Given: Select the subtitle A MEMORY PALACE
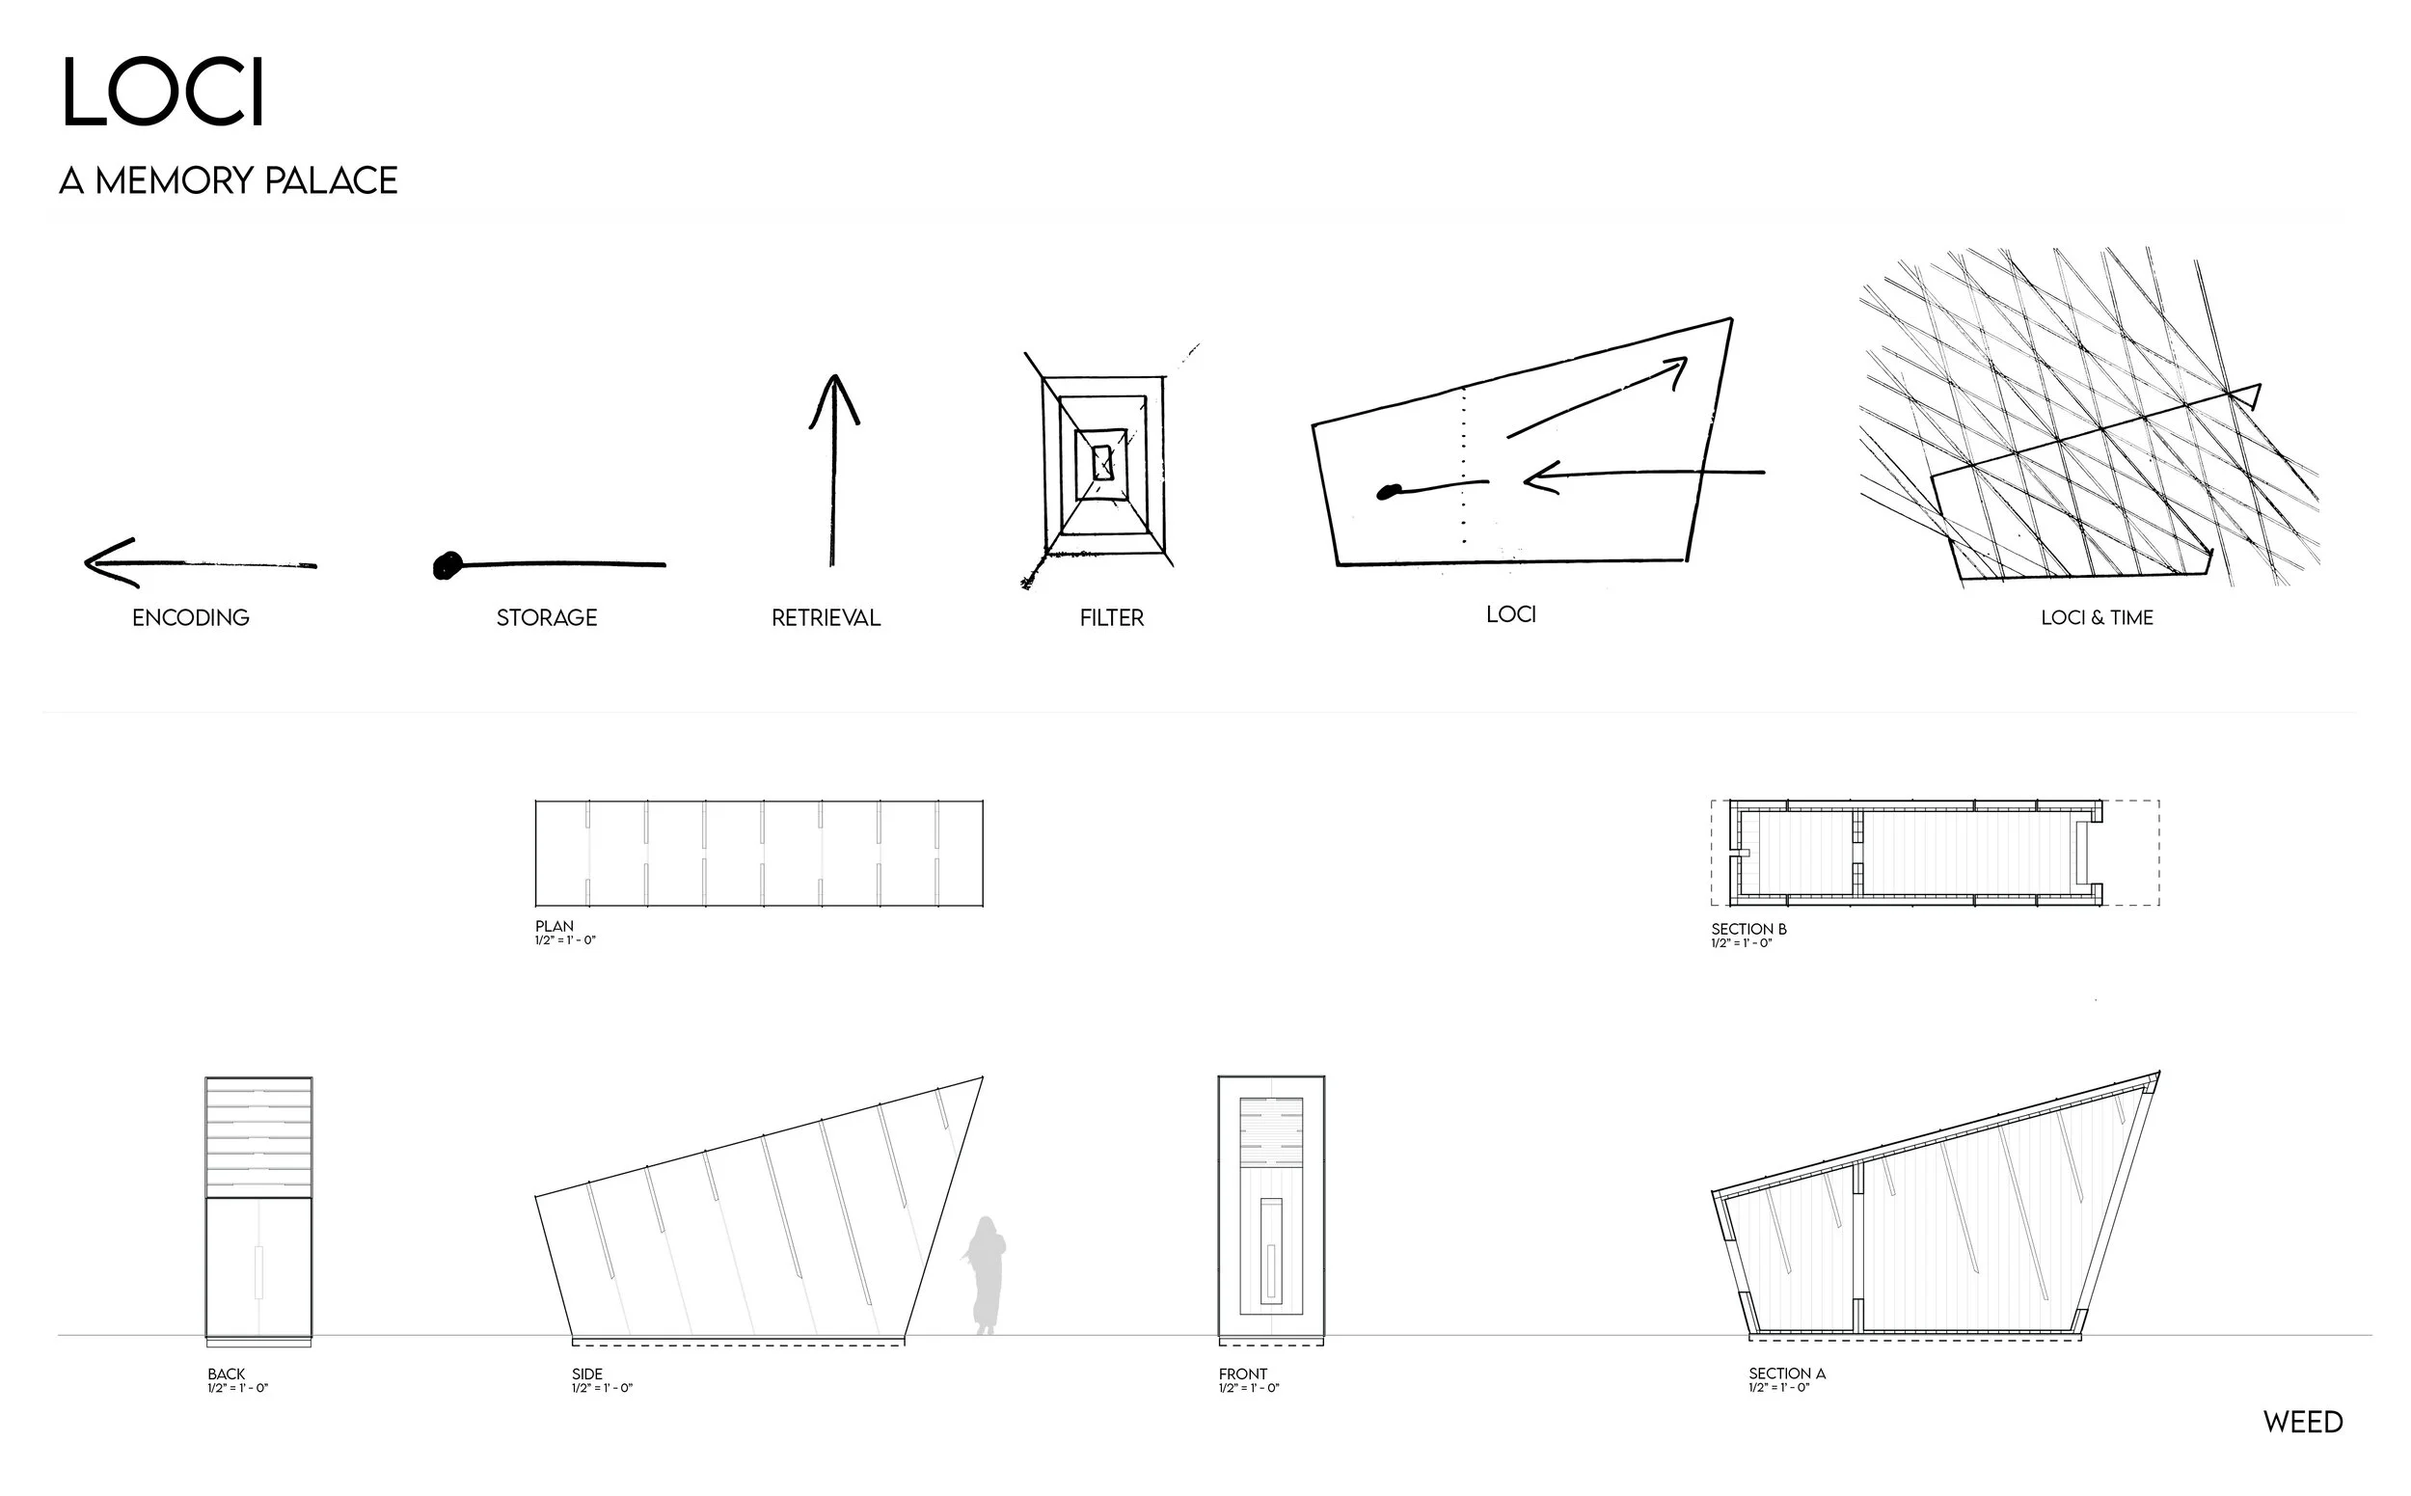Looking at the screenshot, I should click(x=229, y=181).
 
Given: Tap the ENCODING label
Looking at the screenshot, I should click(x=191, y=618).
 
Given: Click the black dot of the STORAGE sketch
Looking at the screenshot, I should click(x=447, y=565).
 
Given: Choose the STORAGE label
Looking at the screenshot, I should click(x=546, y=618).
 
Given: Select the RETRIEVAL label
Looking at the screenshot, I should click(x=826, y=618).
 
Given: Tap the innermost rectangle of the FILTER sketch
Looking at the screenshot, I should click(x=1102, y=462).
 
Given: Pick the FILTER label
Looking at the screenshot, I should click(x=1111, y=618).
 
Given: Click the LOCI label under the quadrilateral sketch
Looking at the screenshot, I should click(x=1510, y=614).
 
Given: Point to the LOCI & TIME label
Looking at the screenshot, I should click(x=2097, y=618).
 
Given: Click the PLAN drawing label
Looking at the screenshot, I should click(x=554, y=927).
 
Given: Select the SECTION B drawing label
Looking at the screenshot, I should click(x=1748, y=929).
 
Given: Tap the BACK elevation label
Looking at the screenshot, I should click(x=226, y=1374).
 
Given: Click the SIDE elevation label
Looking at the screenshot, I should click(x=586, y=1374).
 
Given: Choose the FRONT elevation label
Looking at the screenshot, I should click(x=1242, y=1374).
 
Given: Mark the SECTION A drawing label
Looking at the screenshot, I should click(x=1787, y=1374).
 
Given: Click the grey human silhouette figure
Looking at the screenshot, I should click(x=986, y=1276).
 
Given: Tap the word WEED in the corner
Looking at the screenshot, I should click(x=2302, y=1423).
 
